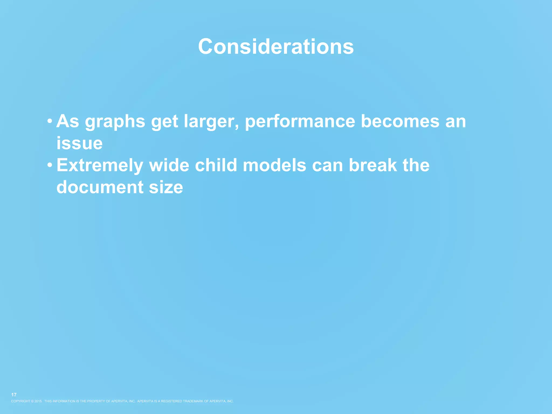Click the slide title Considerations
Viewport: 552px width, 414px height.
click(x=276, y=46)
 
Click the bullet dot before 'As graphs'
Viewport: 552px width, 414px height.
click(x=50, y=120)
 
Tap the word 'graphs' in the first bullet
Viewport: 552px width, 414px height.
click(x=115, y=122)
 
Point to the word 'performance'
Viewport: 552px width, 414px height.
click(x=300, y=122)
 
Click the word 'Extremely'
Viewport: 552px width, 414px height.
click(x=100, y=165)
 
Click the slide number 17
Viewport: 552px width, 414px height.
click(x=14, y=395)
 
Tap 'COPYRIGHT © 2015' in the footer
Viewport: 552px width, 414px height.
click(x=26, y=401)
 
